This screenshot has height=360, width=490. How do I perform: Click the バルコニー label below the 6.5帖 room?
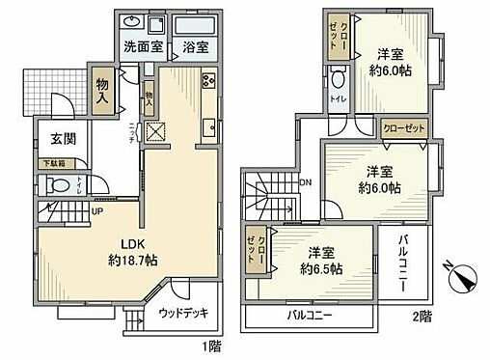[309, 315]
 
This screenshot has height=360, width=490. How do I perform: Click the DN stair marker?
[306, 181]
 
